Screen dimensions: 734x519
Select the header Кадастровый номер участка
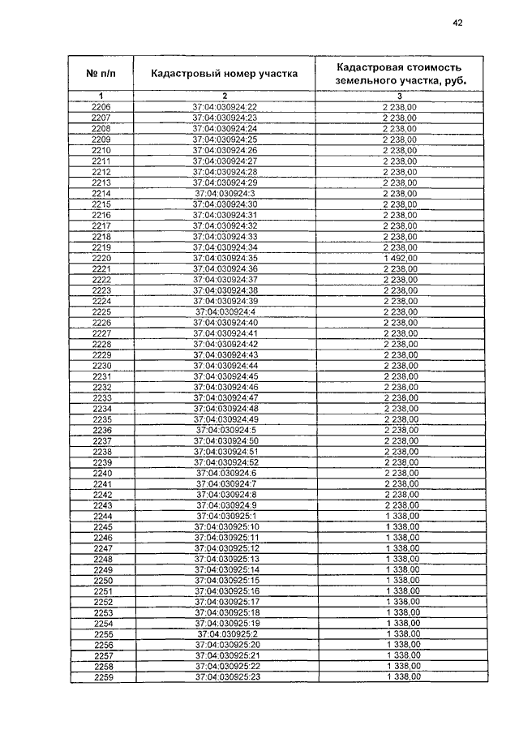(225, 74)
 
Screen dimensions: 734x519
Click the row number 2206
(101, 108)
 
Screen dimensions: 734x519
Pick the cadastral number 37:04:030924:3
(225, 193)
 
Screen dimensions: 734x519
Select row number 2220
(101, 257)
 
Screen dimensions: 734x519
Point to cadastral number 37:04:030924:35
(225, 257)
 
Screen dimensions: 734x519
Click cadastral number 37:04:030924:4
(225, 312)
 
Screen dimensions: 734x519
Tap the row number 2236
(102, 429)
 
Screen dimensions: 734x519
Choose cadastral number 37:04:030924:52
(225, 461)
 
